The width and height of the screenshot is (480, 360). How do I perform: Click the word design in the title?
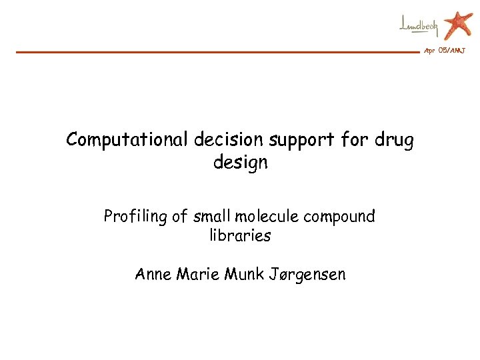pos(240,163)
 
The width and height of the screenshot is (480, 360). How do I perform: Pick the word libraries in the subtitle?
pos(240,236)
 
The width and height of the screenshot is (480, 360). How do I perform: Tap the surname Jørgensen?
pos(307,275)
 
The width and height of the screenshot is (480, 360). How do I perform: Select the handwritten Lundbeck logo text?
pos(419,27)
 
